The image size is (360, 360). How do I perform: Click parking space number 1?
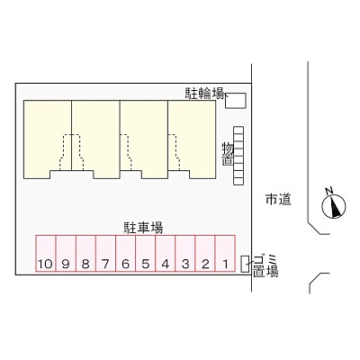click(225, 254)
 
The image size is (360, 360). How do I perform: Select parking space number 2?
click(205, 254)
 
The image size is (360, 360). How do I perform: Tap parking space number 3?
click(185, 254)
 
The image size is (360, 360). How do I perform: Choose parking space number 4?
click(166, 254)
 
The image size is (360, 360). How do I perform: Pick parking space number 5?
click(146, 254)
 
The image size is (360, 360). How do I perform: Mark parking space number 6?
click(126, 254)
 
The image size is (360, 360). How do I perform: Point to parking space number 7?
click(106, 254)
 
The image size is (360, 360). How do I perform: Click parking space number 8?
click(86, 254)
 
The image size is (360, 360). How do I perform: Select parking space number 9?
click(67, 254)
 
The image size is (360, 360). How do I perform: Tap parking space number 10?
click(46, 254)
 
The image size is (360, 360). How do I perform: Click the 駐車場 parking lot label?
click(144, 228)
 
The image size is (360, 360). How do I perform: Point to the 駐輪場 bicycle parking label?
click(204, 94)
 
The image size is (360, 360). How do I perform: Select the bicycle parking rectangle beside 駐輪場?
click(236, 101)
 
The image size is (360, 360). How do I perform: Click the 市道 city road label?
click(278, 199)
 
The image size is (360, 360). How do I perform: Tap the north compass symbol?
click(334, 206)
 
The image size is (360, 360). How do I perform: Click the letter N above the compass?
click(329, 191)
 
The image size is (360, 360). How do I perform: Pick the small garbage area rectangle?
click(246, 265)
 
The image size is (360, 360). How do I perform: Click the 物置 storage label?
click(228, 154)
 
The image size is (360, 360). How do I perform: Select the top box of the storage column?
click(238, 130)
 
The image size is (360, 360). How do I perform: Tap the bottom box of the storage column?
click(238, 181)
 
